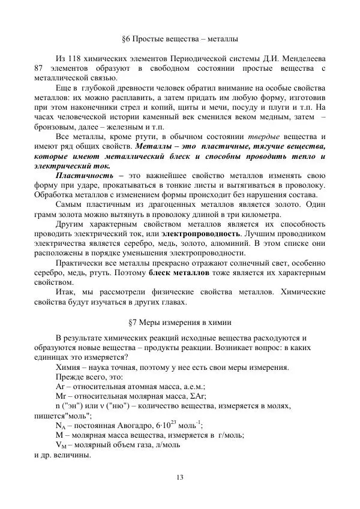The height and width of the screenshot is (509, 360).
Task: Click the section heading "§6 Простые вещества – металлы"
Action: click(180, 39)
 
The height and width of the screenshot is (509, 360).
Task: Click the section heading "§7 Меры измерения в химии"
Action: click(180, 322)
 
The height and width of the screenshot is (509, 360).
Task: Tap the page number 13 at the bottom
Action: click(180, 477)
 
